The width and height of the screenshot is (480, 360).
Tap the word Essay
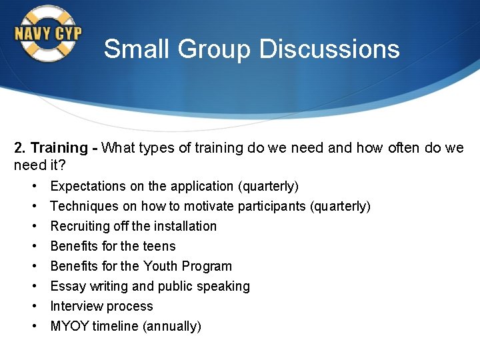pos(67,286)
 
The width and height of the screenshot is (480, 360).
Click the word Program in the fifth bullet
pos(209,266)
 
